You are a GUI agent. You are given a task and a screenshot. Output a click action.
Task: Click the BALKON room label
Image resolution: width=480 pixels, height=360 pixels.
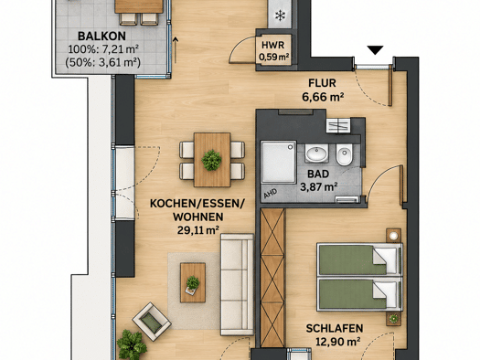[101, 37]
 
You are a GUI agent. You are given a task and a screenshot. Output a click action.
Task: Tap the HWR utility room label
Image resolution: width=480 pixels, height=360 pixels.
[272, 46]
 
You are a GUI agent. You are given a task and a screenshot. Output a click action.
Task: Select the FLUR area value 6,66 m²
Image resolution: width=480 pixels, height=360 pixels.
[323, 97]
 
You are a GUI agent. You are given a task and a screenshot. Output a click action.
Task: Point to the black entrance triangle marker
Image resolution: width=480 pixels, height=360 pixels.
[375, 50]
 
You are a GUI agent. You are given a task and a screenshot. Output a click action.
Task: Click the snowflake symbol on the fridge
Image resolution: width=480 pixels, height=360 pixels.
[280, 16]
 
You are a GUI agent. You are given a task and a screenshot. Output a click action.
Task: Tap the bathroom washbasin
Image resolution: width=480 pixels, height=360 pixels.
[316, 153]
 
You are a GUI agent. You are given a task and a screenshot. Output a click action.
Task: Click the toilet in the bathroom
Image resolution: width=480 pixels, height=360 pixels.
[344, 154]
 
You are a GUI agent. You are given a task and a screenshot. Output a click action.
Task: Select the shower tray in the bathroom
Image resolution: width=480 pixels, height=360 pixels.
[278, 162]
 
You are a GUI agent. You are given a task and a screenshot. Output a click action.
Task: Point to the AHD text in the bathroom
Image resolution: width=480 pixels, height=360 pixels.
[270, 193]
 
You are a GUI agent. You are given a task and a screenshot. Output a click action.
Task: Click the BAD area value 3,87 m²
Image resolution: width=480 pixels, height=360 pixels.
[319, 186]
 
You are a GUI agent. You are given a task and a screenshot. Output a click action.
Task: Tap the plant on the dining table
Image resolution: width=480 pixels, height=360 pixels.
[211, 160]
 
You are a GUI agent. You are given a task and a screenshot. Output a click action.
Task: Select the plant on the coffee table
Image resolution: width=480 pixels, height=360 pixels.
[193, 283]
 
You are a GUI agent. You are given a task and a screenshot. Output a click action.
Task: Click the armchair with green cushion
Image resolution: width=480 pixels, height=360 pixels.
[152, 322]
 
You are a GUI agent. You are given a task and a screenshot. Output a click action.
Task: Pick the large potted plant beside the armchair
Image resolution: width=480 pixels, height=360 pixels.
[132, 344]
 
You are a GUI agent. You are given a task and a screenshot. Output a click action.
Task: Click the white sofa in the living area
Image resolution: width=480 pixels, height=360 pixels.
[237, 284]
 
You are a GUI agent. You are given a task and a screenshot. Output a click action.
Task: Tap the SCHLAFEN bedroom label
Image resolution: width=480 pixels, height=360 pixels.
[335, 329]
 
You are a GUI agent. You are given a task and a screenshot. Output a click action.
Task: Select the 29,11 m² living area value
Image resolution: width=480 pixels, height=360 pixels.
[198, 229]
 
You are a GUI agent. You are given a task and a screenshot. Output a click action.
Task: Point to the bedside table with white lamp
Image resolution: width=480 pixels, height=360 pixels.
[394, 236]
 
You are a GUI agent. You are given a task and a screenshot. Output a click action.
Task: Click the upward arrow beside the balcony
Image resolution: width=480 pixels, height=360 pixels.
[176, 50]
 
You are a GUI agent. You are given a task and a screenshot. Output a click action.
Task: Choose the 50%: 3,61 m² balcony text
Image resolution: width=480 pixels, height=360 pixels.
[102, 62]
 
